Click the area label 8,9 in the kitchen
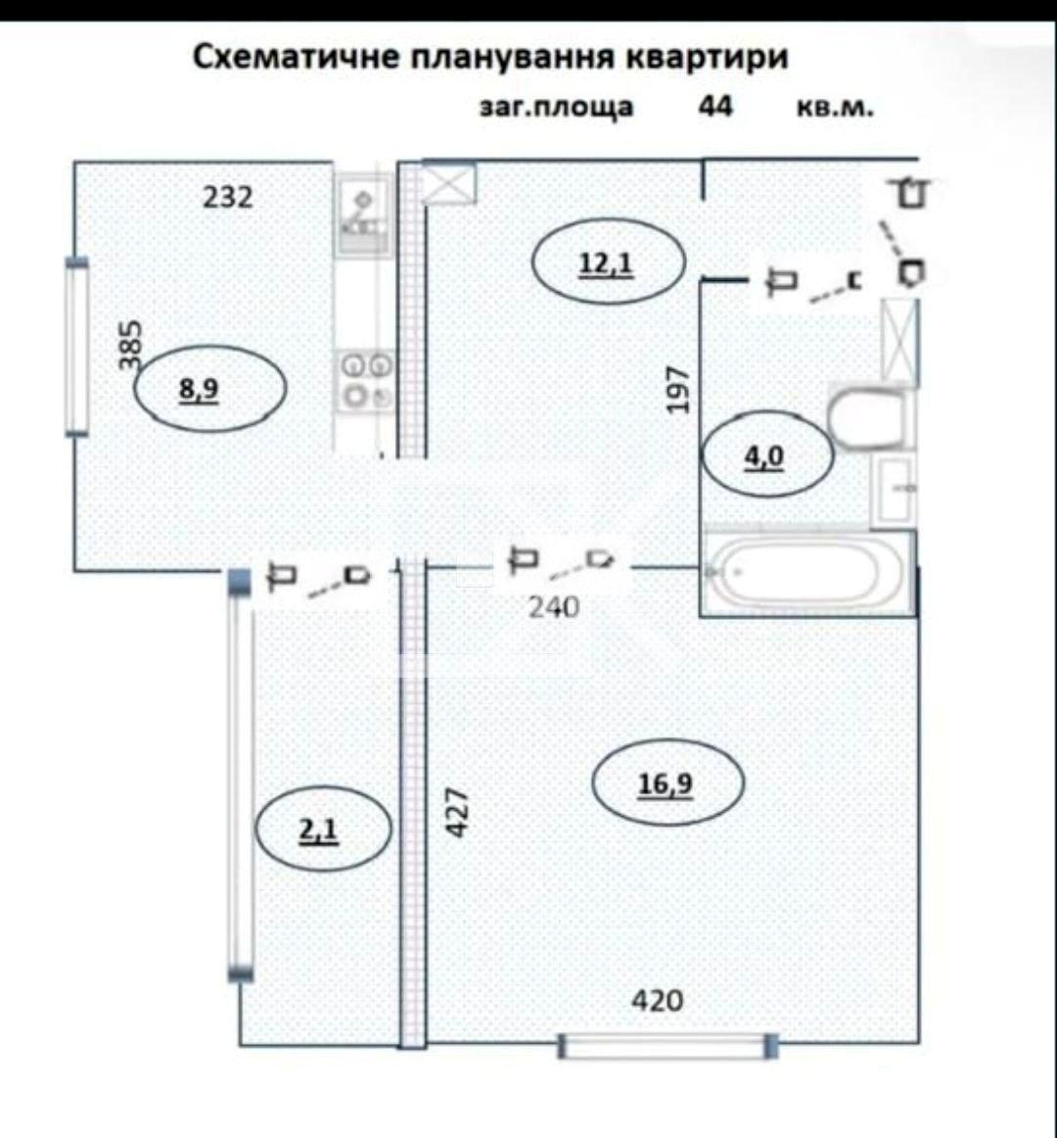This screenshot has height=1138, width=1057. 199,390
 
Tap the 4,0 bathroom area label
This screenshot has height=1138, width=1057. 765,455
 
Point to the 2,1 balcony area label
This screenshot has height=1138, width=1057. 318,830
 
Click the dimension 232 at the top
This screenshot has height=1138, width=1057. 228,197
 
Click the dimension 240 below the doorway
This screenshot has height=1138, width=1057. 554,607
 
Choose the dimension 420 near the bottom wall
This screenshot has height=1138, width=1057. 658,1001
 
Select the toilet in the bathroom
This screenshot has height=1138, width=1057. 869,417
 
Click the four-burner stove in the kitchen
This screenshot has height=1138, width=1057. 366,380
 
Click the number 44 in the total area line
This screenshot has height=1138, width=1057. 714,106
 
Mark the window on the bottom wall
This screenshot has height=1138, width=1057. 668,1045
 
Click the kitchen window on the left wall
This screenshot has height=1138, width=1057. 76,348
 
